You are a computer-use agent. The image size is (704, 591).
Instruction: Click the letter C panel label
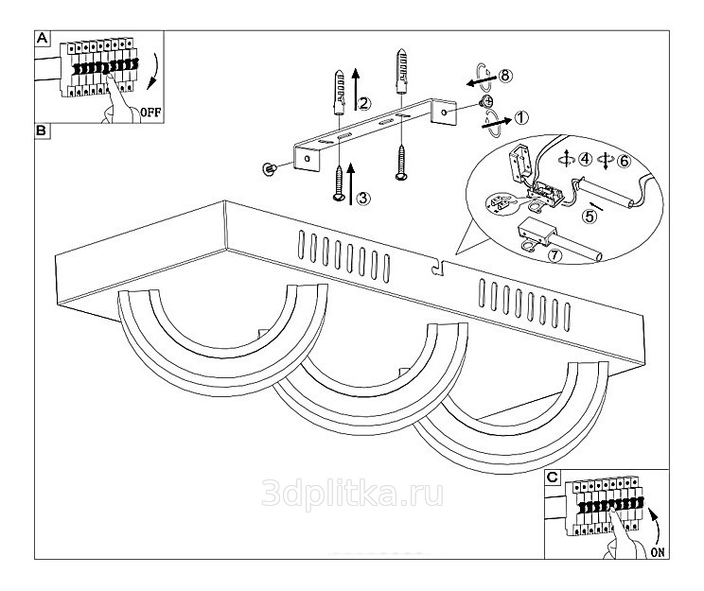tap(554, 478)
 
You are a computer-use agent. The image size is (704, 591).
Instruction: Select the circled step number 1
tap(522, 118)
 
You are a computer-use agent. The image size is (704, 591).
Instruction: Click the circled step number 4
tap(586, 160)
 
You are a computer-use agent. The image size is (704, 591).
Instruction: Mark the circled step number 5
tap(590, 216)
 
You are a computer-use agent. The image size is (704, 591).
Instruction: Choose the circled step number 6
tap(624, 160)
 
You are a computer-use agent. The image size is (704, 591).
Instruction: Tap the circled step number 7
tap(555, 255)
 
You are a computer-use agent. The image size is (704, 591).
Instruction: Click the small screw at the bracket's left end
tap(270, 168)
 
